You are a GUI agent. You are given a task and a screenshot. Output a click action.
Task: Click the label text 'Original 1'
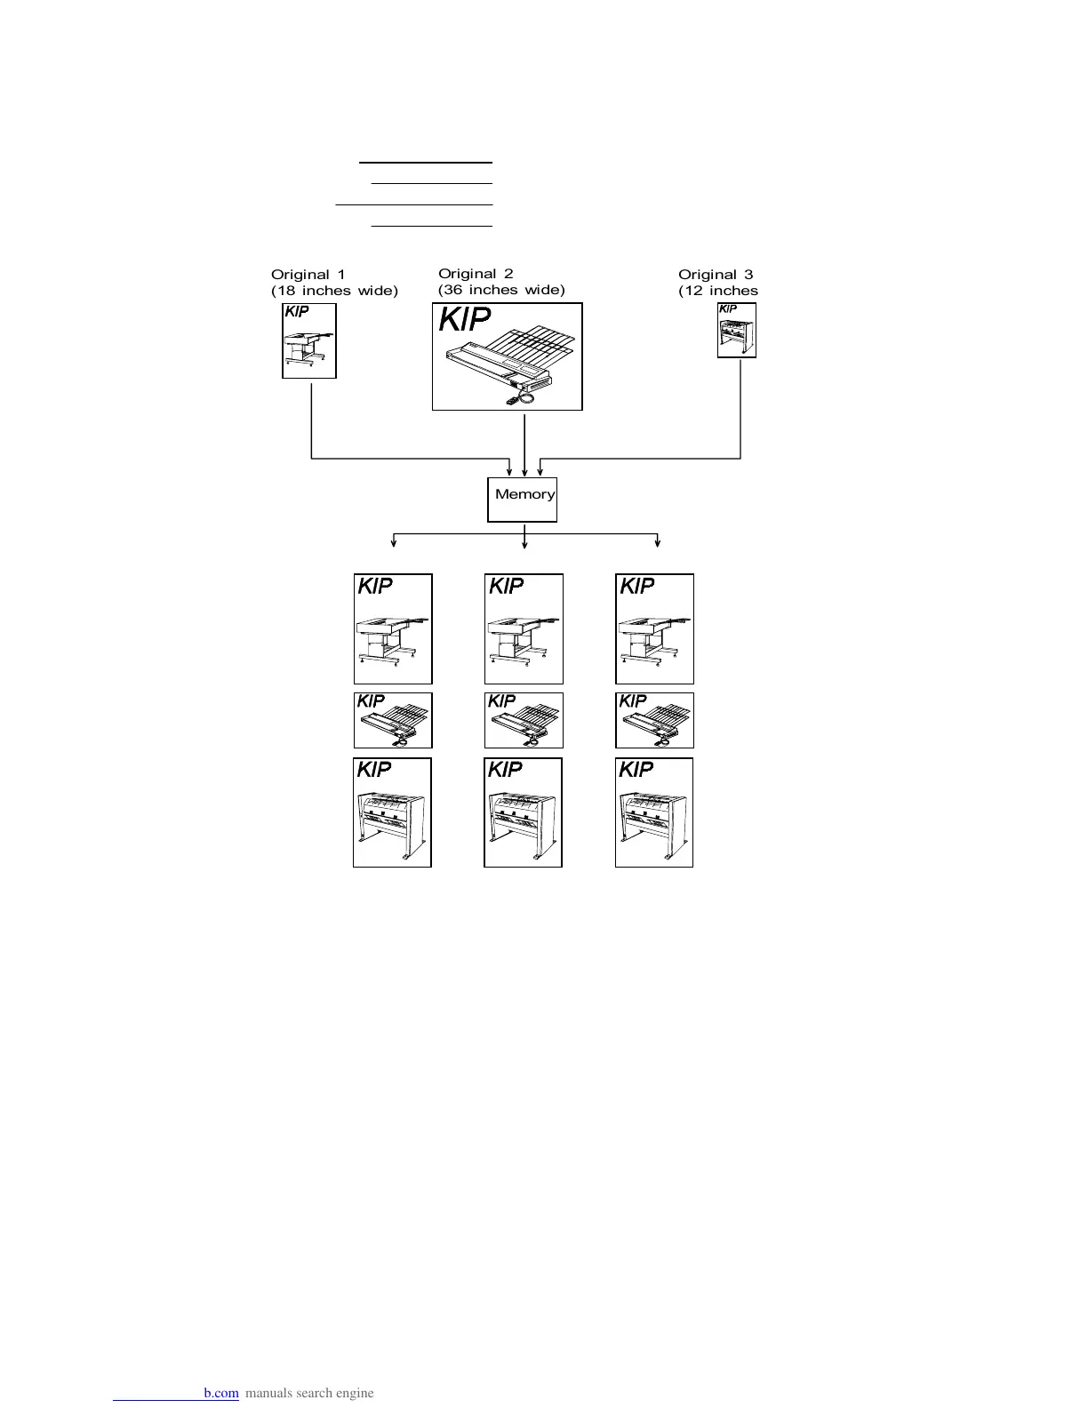[308, 275]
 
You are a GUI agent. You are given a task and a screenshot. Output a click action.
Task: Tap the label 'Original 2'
[476, 274]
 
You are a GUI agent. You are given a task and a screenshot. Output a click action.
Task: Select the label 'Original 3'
[716, 275]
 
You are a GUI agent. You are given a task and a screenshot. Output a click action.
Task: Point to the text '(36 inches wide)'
[501, 290]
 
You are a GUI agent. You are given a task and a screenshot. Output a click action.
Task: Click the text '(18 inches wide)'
[334, 291]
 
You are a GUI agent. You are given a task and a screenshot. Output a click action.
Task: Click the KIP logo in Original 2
[465, 319]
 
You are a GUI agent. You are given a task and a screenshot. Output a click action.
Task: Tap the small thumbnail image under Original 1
[309, 341]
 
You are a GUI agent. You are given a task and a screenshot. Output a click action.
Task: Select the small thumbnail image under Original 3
[737, 330]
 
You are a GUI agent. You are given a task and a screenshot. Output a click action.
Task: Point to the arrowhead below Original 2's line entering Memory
[525, 472]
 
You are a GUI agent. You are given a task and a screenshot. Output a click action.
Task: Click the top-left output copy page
[393, 628]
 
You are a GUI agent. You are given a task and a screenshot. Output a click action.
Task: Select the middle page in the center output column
[524, 720]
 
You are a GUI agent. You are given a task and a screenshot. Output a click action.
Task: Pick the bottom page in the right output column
[654, 812]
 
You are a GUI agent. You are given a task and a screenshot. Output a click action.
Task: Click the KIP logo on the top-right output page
[636, 586]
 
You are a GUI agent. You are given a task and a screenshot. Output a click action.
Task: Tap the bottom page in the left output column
[392, 812]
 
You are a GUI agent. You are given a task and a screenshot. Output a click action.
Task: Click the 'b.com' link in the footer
[220, 1393]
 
